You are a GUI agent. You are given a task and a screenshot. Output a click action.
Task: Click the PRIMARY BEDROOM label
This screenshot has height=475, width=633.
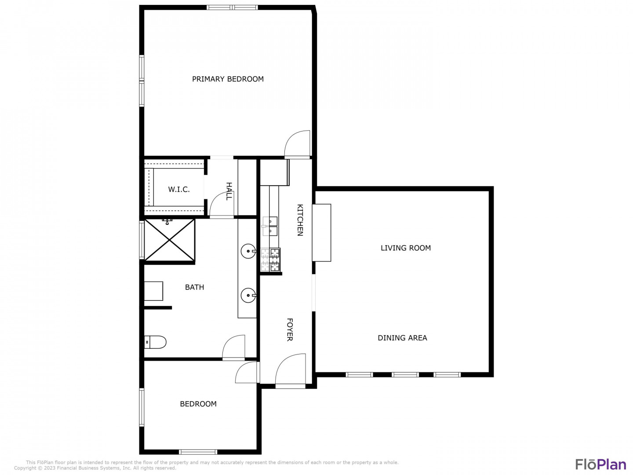pyautogui.click(x=228, y=79)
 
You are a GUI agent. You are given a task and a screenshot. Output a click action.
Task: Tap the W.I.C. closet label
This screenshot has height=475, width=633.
pyautogui.click(x=179, y=190)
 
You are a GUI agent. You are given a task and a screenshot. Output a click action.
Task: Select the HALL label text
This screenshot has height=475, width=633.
pyautogui.click(x=229, y=191)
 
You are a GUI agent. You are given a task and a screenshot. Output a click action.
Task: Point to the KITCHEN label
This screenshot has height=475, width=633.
pyautogui.click(x=300, y=220)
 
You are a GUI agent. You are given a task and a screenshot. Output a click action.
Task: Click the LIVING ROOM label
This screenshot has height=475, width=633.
pyautogui.click(x=405, y=248)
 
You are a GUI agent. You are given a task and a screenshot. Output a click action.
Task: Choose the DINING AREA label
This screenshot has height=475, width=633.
pyautogui.click(x=402, y=338)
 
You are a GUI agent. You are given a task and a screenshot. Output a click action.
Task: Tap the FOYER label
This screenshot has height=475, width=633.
pyautogui.click(x=290, y=329)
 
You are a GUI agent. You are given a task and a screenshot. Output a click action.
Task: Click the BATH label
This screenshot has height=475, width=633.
pyautogui.click(x=194, y=287)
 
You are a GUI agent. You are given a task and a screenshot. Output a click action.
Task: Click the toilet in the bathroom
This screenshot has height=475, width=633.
pyautogui.click(x=155, y=342)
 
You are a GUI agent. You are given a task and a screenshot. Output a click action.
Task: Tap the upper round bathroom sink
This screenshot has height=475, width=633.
pyautogui.click(x=248, y=252)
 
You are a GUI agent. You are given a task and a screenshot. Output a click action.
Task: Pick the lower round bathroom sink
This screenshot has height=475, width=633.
pyautogui.click(x=248, y=295)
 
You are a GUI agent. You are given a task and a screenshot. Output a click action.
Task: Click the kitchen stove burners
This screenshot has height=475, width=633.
pyautogui.click(x=270, y=259)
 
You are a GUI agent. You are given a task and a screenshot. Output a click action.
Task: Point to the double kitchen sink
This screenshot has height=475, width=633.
pyautogui.click(x=270, y=226)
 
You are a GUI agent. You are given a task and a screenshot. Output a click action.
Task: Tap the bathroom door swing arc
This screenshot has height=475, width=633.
pyautogui.click(x=233, y=346)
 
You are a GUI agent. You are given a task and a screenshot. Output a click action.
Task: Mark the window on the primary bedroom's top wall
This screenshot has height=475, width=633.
pyautogui.click(x=232, y=7)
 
